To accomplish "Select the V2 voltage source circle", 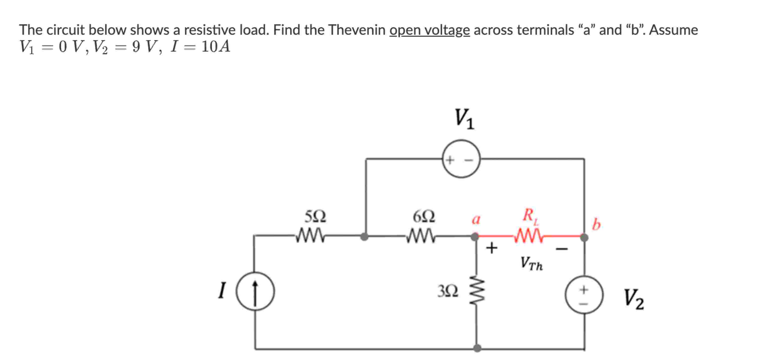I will coord(584,295).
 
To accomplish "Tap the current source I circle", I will coord(255,291).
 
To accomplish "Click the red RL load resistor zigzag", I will coord(528,236).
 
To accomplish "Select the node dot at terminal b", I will coord(584,238).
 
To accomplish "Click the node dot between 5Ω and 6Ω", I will coord(364,237).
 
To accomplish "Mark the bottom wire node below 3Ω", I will coord(477,348).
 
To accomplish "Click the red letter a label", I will coord(476,220).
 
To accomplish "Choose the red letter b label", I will coord(596,225).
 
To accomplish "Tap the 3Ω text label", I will coord(448,291).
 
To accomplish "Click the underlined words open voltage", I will coord(430,30).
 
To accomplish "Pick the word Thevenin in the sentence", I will coord(357,30).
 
